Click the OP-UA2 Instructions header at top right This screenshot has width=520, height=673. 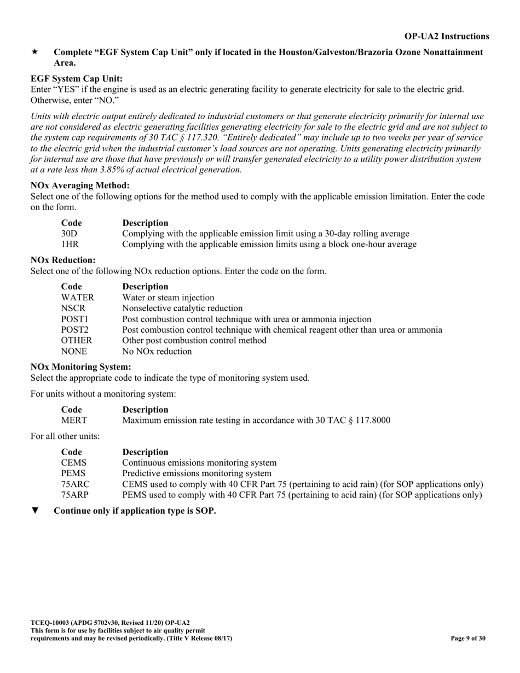point(447,36)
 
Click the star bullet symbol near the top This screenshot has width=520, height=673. point(34,52)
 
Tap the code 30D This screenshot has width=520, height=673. point(69,234)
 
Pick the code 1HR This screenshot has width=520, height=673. point(70,244)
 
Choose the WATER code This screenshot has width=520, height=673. point(77,298)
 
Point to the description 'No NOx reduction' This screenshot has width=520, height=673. point(157,351)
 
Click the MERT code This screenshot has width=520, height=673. point(73,420)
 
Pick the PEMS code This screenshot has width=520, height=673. point(73,473)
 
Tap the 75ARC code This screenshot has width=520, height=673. point(75,484)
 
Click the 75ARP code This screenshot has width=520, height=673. point(74,495)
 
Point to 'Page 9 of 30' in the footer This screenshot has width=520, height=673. point(468,638)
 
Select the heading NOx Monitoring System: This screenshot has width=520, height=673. point(80,367)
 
